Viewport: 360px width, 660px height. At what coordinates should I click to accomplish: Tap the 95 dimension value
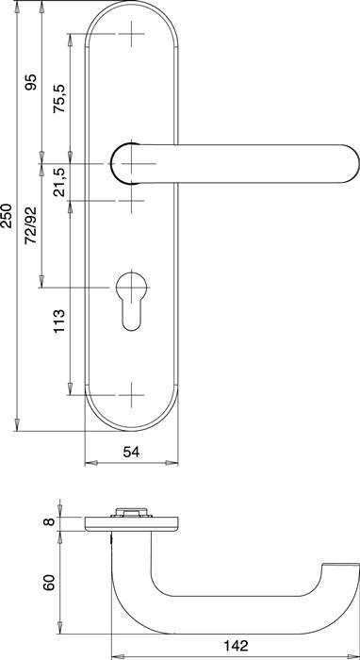point(31,84)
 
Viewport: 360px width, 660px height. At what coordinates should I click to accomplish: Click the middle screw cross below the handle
point(131,199)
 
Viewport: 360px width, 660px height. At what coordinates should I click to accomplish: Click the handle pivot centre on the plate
point(131,163)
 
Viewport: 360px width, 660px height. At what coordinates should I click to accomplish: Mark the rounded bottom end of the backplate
point(131,424)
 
